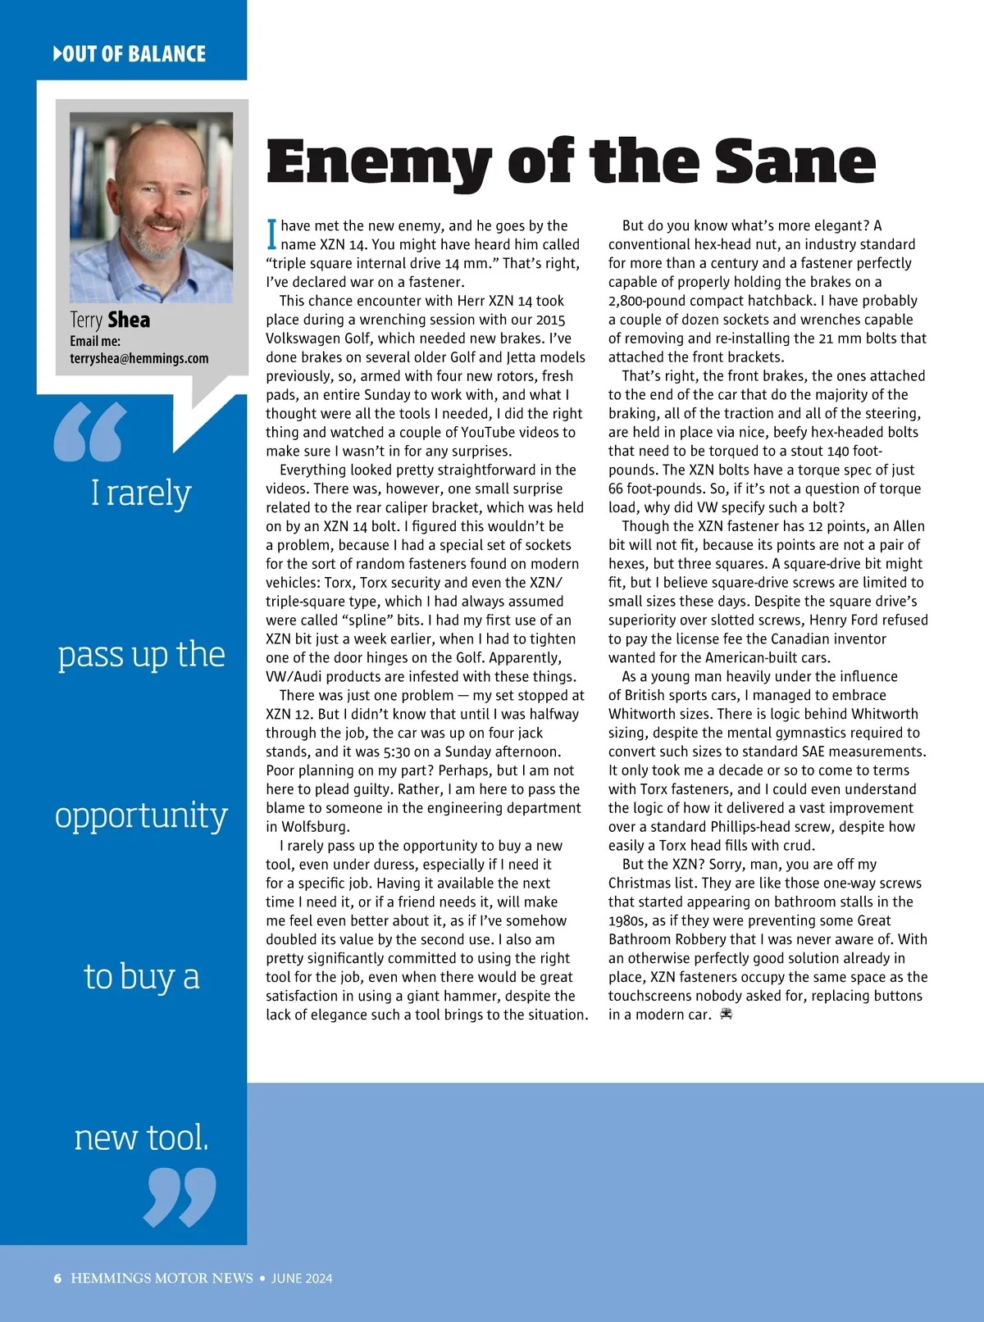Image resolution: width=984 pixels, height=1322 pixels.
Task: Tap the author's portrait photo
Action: tap(151, 207)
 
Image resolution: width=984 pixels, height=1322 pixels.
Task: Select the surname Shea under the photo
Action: tap(129, 320)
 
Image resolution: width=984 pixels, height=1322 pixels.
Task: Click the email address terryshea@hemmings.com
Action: tap(139, 358)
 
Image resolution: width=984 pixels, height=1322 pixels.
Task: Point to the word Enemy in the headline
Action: tap(378, 161)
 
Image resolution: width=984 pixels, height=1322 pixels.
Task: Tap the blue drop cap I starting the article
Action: tap(271, 234)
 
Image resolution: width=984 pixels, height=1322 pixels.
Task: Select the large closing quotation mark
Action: tap(180, 1197)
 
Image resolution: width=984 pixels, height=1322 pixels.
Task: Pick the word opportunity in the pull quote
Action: tap(141, 816)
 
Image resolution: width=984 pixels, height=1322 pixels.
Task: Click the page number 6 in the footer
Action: tap(57, 1279)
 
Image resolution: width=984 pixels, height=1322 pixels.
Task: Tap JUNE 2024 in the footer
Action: tap(302, 1279)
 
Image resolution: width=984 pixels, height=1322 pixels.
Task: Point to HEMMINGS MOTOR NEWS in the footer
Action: tap(162, 1279)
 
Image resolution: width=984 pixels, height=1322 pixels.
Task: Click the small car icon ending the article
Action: tap(726, 1015)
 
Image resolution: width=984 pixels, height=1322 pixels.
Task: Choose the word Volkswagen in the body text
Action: tap(306, 338)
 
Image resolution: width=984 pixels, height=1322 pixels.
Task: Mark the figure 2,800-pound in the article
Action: tap(650, 301)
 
